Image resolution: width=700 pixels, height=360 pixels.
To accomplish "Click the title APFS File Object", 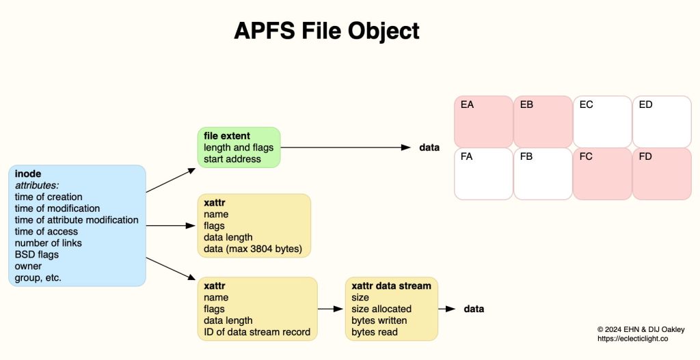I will coord(326,31).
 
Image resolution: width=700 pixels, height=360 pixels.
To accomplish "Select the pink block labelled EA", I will coord(483,121).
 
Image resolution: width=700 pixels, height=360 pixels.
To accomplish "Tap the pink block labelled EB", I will coord(543,121).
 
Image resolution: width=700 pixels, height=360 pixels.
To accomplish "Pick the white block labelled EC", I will coord(602,121).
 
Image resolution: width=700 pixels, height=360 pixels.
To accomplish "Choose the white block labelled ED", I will coord(661,121).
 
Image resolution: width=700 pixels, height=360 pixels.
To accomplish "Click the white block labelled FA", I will coord(483,174).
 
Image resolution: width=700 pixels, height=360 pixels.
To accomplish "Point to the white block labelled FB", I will coord(543,174).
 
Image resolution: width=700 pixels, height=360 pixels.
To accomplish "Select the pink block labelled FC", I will coord(602,174).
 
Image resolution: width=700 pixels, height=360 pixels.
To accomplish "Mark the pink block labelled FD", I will coord(661,174).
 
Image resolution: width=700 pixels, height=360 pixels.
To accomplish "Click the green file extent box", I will coord(239,148).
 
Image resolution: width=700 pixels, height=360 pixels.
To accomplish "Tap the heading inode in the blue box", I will coord(28,174).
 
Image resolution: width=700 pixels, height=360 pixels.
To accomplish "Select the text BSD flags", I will coord(38,255).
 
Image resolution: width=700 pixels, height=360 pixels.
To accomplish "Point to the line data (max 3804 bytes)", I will coord(252,249).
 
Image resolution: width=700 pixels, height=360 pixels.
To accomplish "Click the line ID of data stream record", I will coord(257,332).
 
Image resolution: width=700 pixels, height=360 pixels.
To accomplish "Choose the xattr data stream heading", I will coord(391,286).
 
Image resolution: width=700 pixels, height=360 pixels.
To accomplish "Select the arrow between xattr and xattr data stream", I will coord(331,309).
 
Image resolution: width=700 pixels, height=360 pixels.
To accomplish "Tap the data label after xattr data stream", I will coord(474,309).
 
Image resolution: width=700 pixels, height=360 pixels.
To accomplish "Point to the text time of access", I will coord(46,232).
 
